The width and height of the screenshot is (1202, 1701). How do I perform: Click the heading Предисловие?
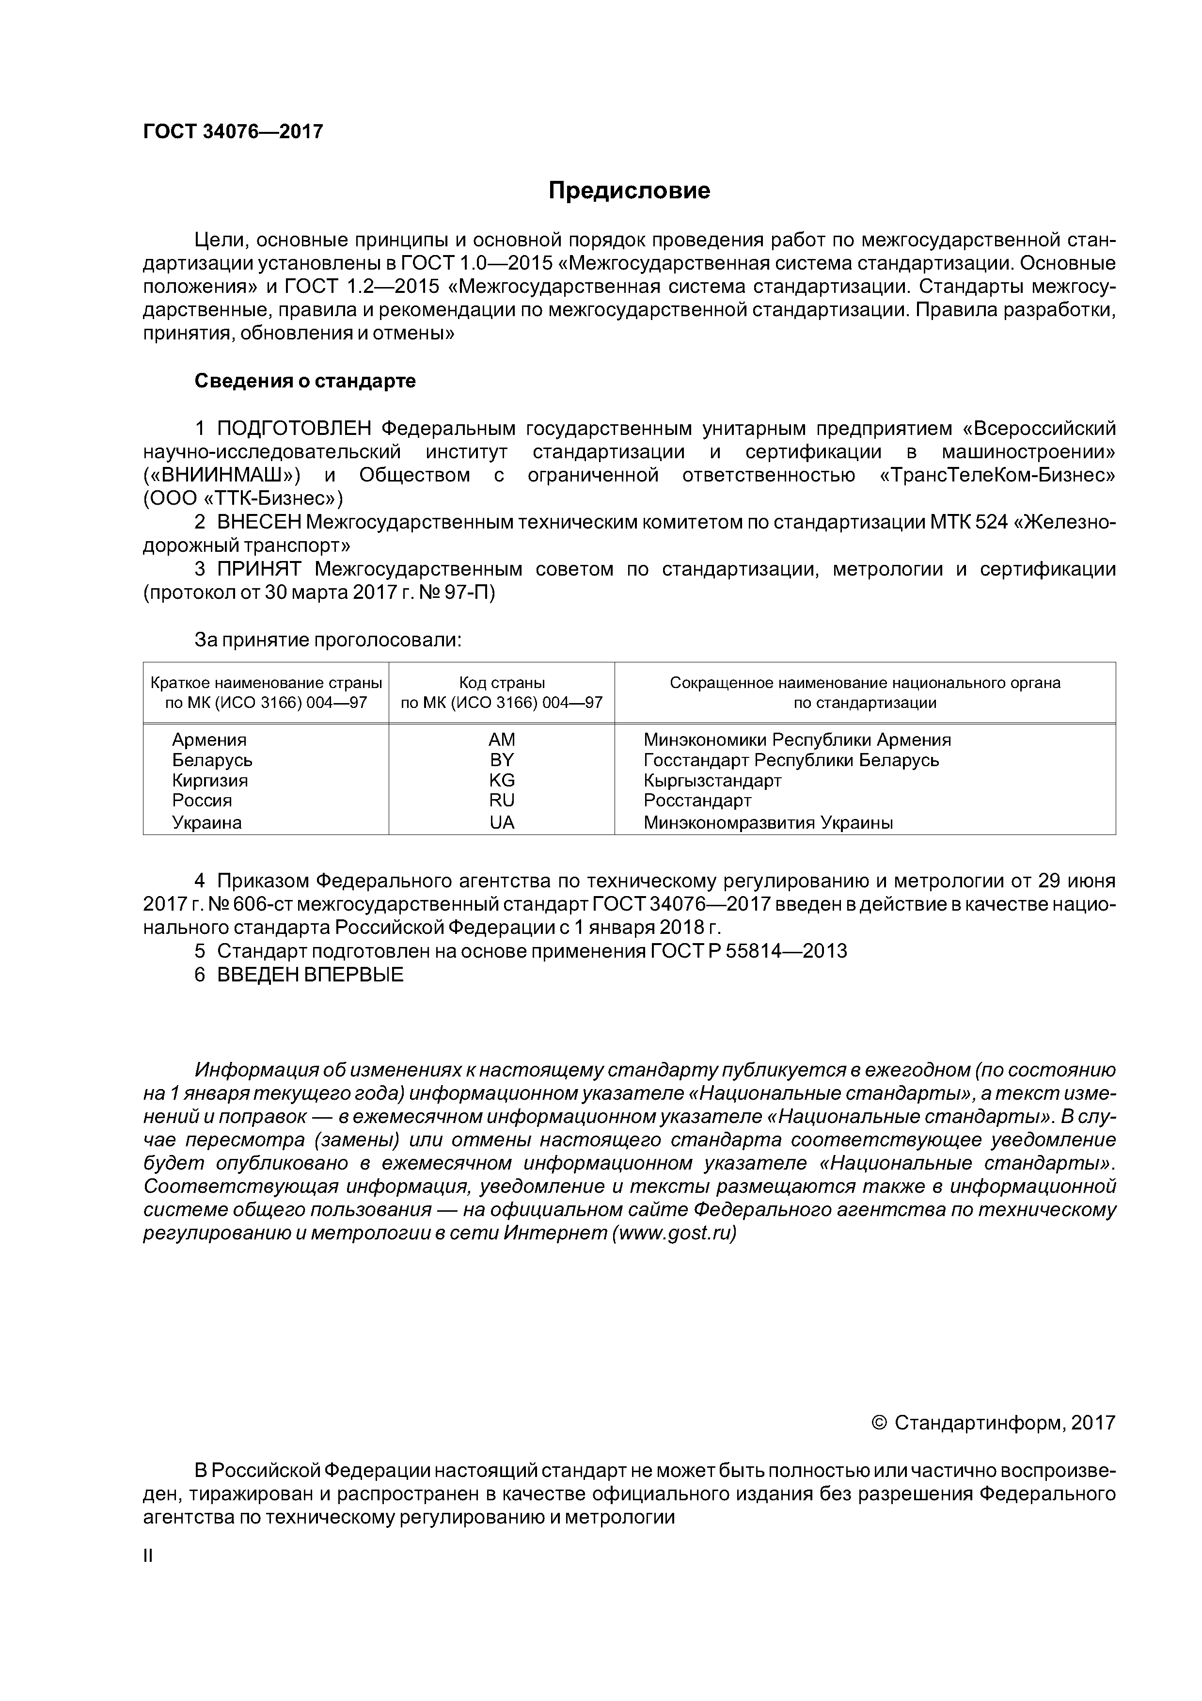click(629, 191)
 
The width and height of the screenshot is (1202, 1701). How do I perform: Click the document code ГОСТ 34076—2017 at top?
click(233, 132)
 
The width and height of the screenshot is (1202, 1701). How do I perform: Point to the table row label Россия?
click(202, 801)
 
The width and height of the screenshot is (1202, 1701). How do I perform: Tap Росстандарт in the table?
click(697, 801)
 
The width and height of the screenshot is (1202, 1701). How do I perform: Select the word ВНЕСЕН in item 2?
click(259, 522)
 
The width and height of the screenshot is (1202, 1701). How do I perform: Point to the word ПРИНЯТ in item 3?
click(259, 570)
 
